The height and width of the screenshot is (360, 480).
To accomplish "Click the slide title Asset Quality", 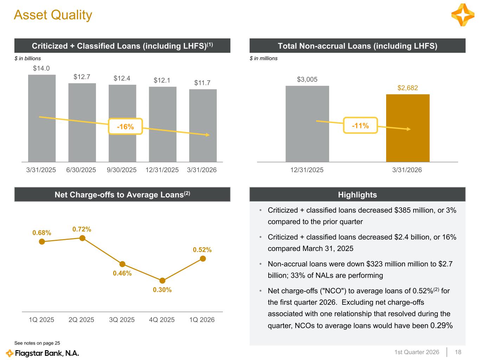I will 53,15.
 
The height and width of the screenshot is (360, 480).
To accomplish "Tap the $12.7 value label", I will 82,77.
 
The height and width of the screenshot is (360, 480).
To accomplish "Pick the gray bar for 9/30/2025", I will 122,123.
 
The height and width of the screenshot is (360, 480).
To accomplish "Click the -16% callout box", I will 126,127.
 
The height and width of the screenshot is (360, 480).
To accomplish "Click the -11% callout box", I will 360,126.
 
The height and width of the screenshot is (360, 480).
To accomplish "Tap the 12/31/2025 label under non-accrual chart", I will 307,170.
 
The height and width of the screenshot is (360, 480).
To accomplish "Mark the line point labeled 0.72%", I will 82,238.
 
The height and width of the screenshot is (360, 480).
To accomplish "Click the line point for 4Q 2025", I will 162,281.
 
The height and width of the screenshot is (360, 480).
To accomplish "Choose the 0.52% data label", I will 202,250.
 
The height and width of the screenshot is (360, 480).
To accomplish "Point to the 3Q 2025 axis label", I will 122,320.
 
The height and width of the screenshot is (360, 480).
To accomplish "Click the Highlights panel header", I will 357,195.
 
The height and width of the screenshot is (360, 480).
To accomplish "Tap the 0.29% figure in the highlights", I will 441,326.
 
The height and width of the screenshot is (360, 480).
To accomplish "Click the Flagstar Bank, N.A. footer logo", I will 43,353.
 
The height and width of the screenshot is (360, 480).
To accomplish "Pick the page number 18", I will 458,352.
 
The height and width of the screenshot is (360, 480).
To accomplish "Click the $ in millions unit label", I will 263,58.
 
